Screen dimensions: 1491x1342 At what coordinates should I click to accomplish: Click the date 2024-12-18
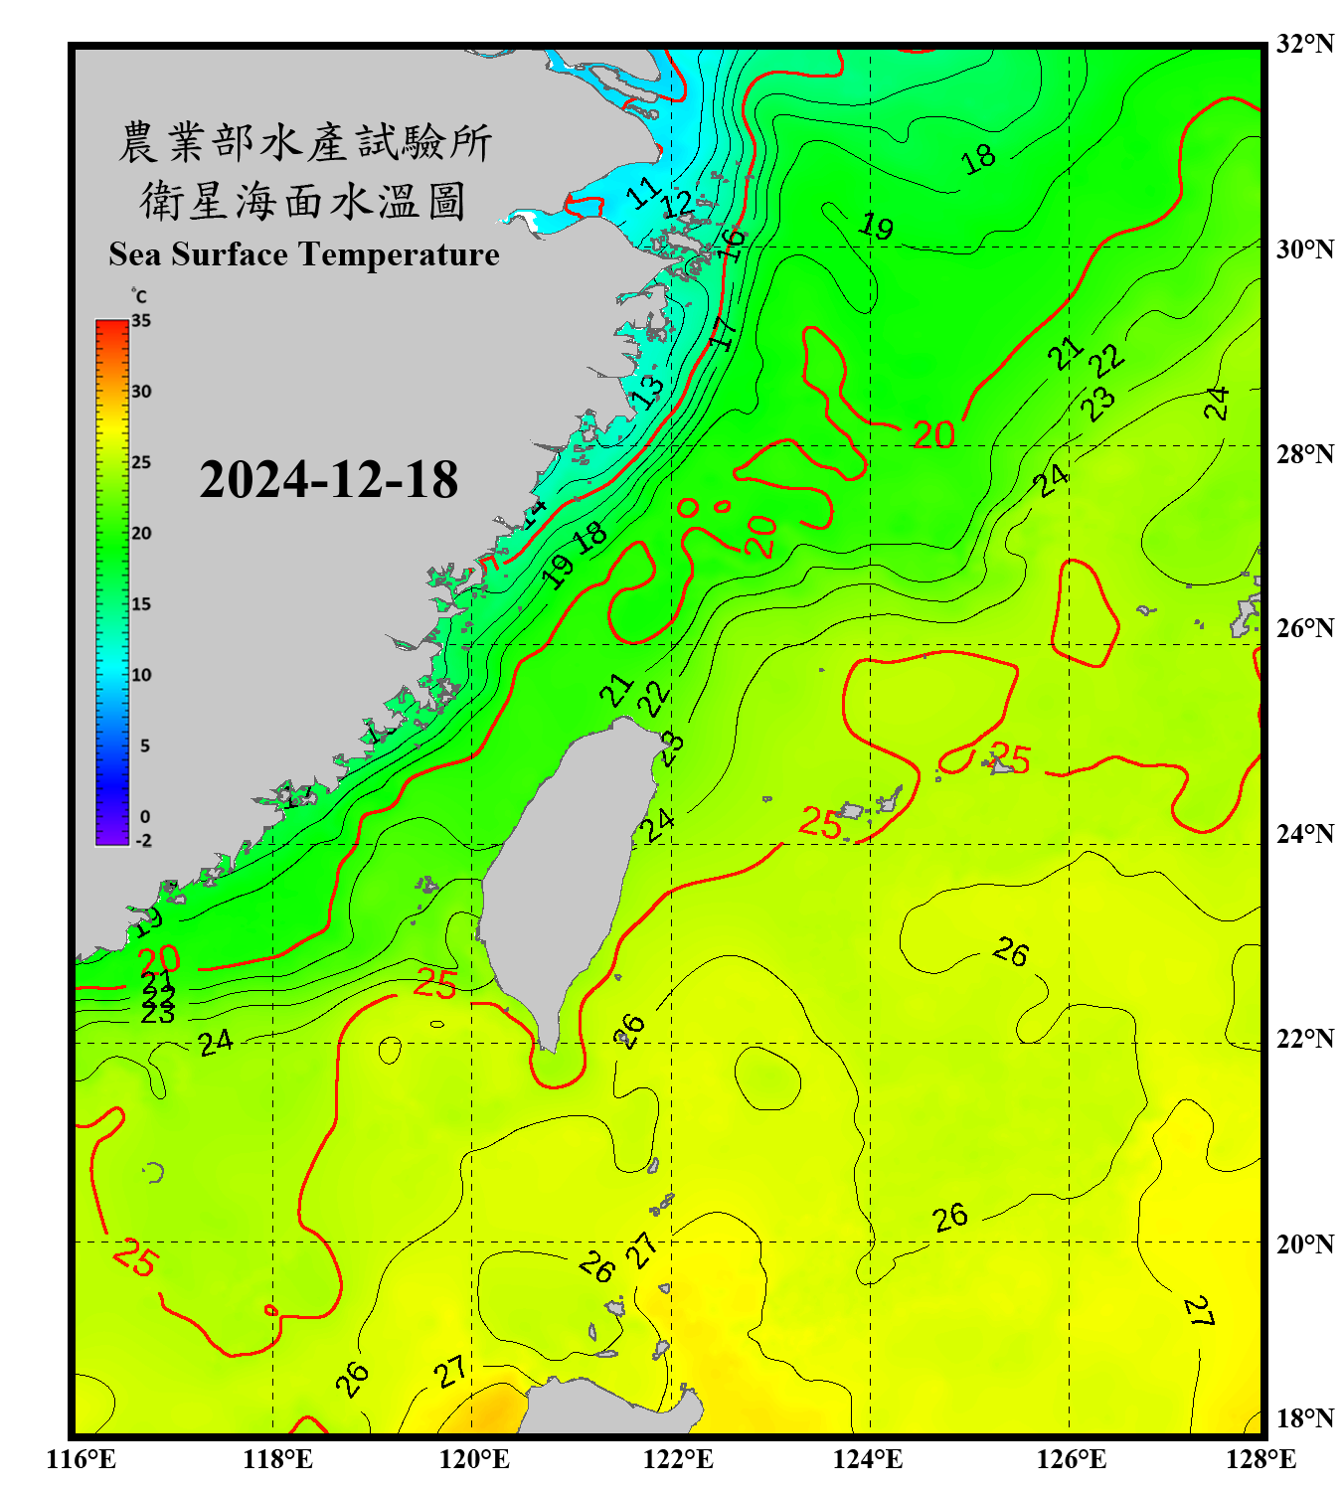(x=328, y=479)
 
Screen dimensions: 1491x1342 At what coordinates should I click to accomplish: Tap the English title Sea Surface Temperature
(x=303, y=254)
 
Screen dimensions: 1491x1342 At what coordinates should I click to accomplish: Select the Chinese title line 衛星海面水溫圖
(x=303, y=201)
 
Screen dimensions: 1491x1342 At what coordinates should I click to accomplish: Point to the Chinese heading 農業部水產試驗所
(x=305, y=142)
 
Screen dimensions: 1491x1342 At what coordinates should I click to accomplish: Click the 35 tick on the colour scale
(x=141, y=321)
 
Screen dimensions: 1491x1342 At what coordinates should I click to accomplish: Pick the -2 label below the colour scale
(x=143, y=841)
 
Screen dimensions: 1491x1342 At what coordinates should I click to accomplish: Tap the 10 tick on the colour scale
(x=141, y=675)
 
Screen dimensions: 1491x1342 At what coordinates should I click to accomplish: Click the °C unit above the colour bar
(x=138, y=296)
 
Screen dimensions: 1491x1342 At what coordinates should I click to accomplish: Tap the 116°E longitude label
(x=82, y=1459)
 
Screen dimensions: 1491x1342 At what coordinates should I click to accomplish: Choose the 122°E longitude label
(x=678, y=1459)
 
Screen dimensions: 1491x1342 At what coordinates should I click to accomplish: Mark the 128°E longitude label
(x=1260, y=1459)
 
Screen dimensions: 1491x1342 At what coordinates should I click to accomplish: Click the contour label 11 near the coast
(x=644, y=191)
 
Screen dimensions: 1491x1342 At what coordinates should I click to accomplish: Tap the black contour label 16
(x=732, y=244)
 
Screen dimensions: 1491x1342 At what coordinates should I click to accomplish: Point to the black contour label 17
(x=724, y=332)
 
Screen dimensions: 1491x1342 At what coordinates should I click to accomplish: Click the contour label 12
(x=678, y=205)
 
